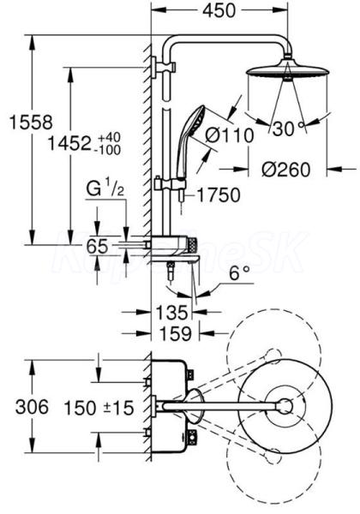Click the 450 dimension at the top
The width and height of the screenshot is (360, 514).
click(219, 10)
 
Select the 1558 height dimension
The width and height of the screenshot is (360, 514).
click(31, 123)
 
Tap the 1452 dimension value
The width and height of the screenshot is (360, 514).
click(69, 143)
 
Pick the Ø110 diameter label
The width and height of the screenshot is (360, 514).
click(230, 134)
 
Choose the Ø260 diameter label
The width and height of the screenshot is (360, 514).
click(285, 169)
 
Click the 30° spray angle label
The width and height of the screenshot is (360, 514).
click(287, 128)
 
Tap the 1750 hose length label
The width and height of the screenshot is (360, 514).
click(219, 195)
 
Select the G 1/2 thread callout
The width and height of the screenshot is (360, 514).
click(105, 189)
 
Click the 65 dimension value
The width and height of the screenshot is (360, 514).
click(97, 246)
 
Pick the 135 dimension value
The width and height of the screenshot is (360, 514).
click(171, 312)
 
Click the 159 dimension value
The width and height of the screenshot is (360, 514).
click(176, 333)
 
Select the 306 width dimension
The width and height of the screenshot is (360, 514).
click(32, 407)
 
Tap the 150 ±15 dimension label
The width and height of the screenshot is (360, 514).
click(99, 408)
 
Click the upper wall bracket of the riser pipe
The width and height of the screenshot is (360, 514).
click(163, 68)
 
